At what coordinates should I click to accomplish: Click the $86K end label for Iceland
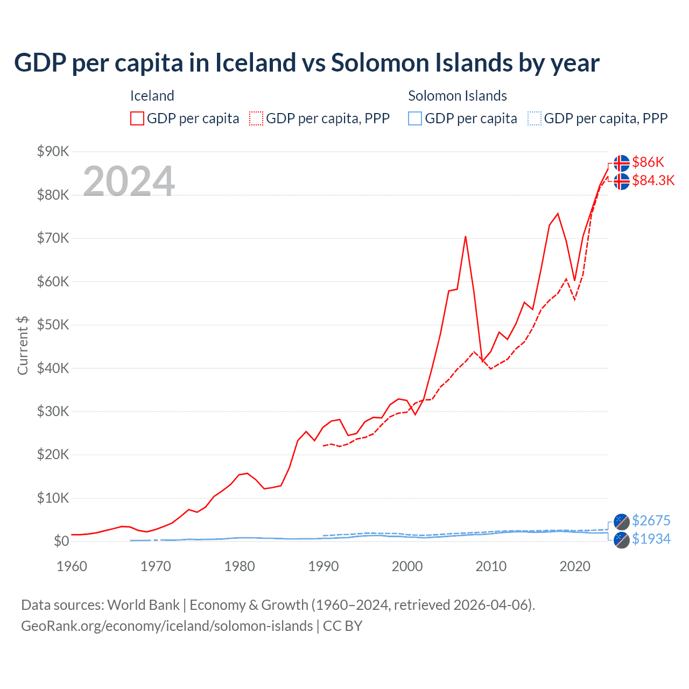pos(648,162)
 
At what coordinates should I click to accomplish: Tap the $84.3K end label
pos(653,180)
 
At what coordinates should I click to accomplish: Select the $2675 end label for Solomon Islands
pos(651,521)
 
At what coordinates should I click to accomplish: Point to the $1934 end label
pos(651,539)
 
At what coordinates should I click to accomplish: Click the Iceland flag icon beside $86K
pos(622,163)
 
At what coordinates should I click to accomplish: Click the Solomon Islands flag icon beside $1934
pos(622,540)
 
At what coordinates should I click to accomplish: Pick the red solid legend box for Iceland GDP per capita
pos(137,118)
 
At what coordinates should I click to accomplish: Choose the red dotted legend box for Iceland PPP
pos(256,118)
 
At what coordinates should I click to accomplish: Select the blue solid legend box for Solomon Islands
pos(415,118)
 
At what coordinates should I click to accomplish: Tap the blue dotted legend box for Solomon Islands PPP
pos(534,118)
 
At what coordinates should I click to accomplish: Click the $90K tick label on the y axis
pos(53,151)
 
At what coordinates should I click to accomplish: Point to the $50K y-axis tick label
pos(53,325)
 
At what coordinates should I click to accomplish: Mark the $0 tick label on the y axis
pos(61,541)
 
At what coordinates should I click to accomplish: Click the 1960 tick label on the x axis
pos(72,566)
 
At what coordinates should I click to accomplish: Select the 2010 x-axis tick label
pos(491,566)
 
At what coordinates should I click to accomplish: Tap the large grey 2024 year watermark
pos(129,181)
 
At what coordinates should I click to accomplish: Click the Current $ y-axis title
pos(23,345)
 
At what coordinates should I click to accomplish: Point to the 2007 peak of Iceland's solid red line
pos(465,236)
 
